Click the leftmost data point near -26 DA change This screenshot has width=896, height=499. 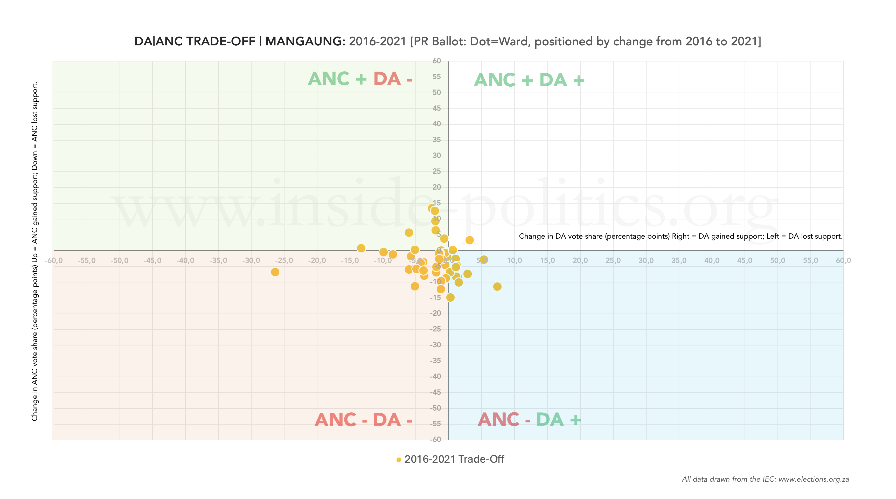[275, 272]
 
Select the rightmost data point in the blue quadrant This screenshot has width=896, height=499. [497, 287]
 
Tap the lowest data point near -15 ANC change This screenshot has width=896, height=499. [450, 297]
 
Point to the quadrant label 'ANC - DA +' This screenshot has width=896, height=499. [529, 419]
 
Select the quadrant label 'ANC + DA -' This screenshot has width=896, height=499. [360, 79]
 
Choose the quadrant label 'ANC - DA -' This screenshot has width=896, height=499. [363, 420]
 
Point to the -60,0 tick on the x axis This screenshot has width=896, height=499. [54, 260]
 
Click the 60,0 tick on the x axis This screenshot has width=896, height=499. [843, 260]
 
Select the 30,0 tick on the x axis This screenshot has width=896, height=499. [645, 260]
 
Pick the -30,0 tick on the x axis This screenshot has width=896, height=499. [251, 260]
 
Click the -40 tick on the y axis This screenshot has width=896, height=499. [435, 376]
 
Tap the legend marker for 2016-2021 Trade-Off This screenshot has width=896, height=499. [399, 460]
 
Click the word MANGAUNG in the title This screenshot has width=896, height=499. [305, 41]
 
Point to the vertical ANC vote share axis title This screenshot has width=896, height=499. [35, 251]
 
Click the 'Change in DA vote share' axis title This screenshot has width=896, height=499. [680, 237]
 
